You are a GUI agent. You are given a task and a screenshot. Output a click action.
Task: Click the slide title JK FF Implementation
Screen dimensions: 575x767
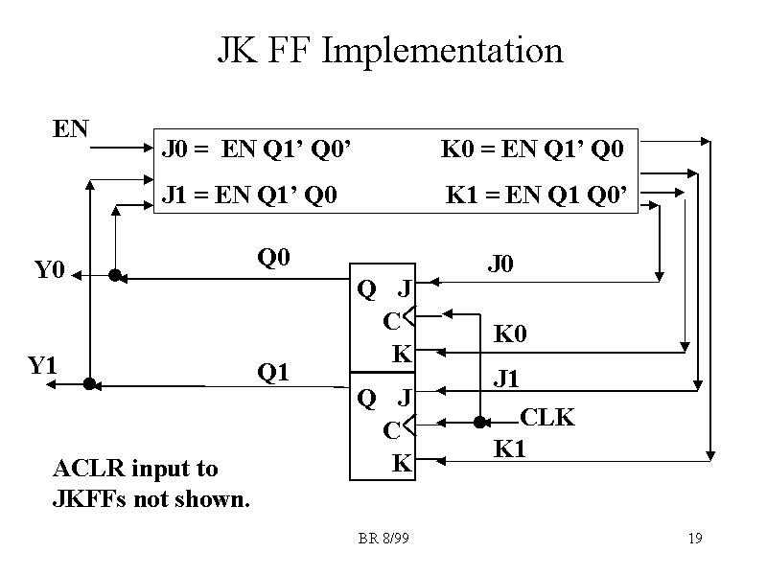tap(389, 50)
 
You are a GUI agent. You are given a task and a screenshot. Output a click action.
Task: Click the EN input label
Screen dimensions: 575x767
tap(70, 129)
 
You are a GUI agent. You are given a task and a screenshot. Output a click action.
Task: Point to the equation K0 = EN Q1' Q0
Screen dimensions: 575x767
tap(532, 149)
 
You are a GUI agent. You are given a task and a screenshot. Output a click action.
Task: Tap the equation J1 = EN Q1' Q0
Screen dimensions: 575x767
tap(249, 196)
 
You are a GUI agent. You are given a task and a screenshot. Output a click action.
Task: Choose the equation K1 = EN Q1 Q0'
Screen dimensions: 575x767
tap(537, 196)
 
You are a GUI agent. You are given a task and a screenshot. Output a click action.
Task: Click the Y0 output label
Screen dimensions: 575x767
tap(49, 271)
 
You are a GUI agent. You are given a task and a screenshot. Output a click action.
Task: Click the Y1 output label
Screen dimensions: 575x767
tap(42, 365)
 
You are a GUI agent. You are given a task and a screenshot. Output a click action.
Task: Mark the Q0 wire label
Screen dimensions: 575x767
tap(273, 258)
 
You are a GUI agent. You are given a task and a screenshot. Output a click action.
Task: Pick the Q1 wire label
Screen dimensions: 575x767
tap(273, 372)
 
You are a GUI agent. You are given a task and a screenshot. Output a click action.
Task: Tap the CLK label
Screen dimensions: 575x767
tap(546, 418)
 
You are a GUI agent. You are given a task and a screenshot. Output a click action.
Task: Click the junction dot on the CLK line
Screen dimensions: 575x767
tap(480, 422)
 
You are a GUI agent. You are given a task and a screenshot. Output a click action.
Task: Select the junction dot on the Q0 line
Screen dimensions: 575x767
tap(114, 276)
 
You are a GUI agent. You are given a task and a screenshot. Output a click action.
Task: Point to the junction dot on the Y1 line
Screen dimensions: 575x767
tap(88, 384)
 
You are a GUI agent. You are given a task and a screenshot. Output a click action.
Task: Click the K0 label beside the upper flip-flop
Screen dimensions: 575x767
tap(510, 334)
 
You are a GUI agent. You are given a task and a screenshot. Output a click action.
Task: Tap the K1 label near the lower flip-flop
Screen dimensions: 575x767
tap(509, 448)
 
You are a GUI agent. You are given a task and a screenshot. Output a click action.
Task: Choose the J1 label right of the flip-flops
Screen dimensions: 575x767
tap(506, 379)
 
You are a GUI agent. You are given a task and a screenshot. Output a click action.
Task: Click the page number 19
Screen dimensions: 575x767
tap(695, 540)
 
